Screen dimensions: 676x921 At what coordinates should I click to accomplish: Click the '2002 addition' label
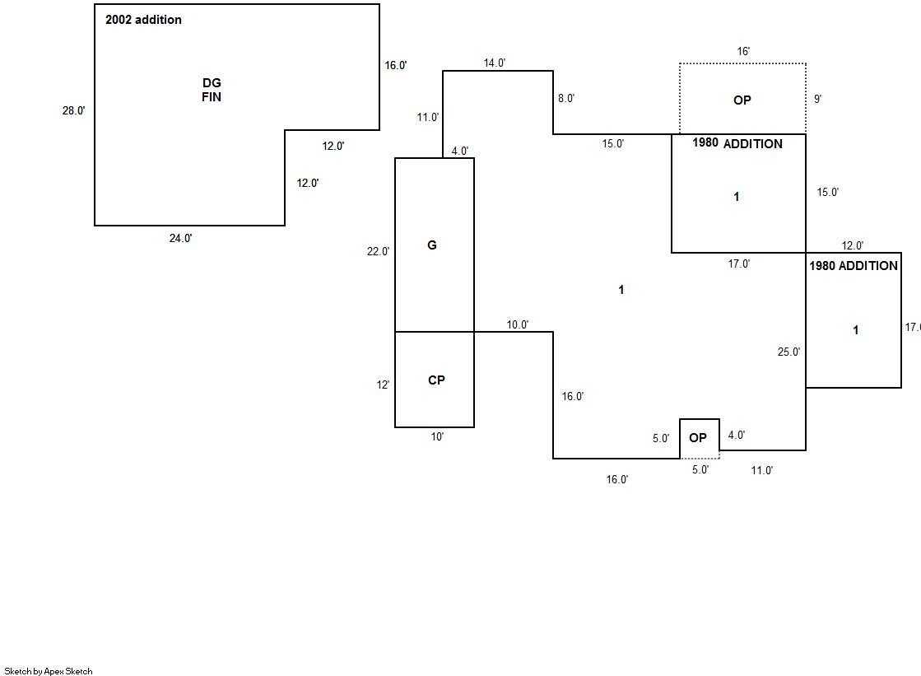(143, 20)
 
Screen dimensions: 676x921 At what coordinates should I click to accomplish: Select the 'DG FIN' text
(212, 90)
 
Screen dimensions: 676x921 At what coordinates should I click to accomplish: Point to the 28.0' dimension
(73, 110)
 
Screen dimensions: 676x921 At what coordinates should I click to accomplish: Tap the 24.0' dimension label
(181, 238)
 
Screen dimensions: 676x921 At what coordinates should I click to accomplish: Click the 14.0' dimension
(495, 63)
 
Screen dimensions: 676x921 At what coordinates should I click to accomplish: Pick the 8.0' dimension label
(566, 98)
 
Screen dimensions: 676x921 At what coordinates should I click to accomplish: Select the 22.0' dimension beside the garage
(379, 252)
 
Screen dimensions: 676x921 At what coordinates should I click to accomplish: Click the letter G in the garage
(432, 245)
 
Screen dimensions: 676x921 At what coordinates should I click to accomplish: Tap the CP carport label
(436, 380)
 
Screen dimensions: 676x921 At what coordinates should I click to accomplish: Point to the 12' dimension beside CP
(384, 385)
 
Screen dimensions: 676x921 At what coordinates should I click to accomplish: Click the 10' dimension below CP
(437, 437)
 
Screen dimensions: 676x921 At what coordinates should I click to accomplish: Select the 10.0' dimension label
(518, 324)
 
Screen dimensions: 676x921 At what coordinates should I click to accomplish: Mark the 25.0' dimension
(788, 352)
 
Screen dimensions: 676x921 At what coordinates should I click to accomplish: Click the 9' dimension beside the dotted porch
(817, 99)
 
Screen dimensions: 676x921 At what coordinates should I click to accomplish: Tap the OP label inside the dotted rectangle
(742, 100)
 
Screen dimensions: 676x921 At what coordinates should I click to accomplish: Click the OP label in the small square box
(698, 438)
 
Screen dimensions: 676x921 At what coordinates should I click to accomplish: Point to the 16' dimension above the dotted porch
(743, 51)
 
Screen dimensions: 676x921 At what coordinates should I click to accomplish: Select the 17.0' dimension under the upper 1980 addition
(738, 264)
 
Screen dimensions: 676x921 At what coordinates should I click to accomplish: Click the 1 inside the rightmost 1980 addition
(856, 330)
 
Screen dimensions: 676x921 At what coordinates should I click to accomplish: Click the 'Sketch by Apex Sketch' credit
(49, 671)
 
